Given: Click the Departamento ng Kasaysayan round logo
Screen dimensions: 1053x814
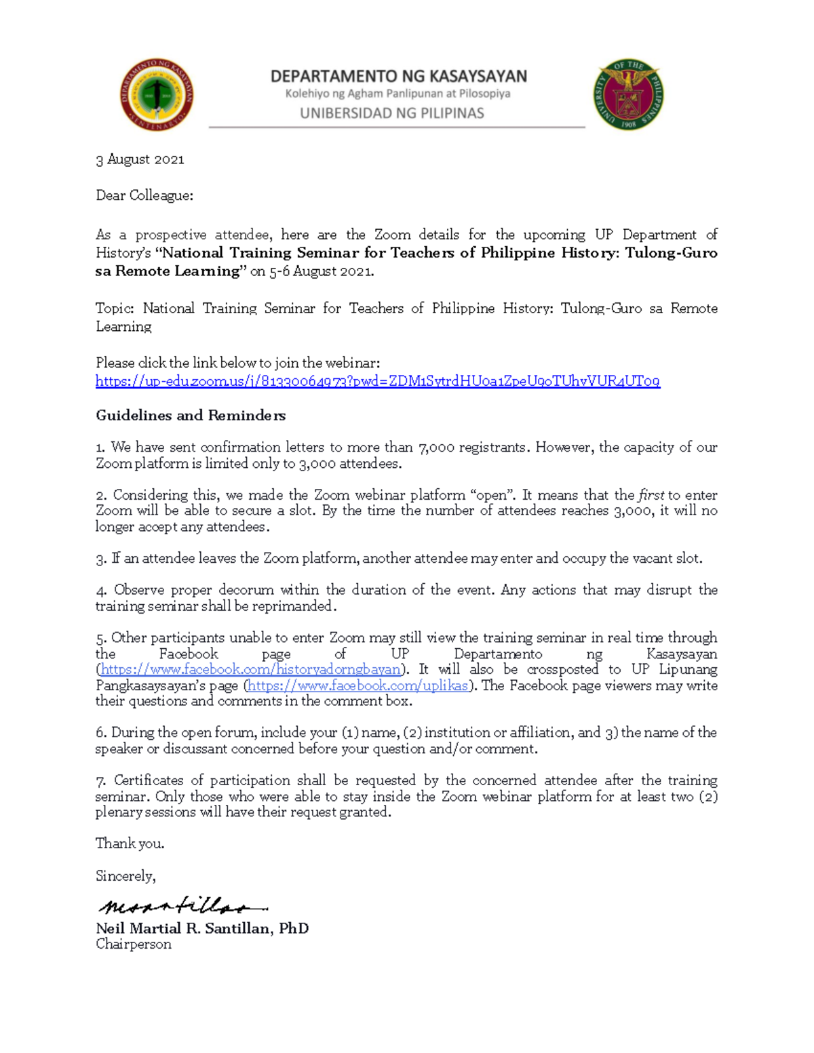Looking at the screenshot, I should pyautogui.click(x=156, y=94).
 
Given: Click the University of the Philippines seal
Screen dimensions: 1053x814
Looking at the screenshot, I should pyautogui.click(x=628, y=94).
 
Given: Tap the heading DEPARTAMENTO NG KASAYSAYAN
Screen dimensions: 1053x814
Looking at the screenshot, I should pyautogui.click(x=398, y=76).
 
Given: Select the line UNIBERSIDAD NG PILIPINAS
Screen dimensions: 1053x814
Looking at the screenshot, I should pyautogui.click(x=391, y=113).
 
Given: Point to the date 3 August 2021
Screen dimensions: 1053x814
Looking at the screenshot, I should pyautogui.click(x=140, y=159).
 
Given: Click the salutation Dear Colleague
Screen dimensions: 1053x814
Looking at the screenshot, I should pyautogui.click(x=144, y=196).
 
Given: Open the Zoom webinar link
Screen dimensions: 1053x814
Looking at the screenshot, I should pyautogui.click(x=377, y=381).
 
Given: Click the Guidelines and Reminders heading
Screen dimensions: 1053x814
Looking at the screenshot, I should pyautogui.click(x=190, y=416).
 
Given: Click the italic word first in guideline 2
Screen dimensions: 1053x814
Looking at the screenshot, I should pyautogui.click(x=651, y=495).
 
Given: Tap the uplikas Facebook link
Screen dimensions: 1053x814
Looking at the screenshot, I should pyautogui.click(x=358, y=686).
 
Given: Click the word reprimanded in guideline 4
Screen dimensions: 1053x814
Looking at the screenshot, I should pyautogui.click(x=293, y=606).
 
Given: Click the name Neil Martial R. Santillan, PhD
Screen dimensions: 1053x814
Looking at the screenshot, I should pyautogui.click(x=202, y=928).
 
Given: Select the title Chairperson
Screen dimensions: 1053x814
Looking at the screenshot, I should pyautogui.click(x=133, y=945).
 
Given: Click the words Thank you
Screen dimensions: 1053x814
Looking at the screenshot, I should pyautogui.click(x=130, y=843).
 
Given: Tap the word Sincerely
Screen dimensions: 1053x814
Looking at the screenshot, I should pyautogui.click(x=125, y=876).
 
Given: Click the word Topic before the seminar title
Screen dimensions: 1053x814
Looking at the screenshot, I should pyautogui.click(x=114, y=309).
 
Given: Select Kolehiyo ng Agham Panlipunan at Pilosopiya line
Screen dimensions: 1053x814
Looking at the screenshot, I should pyautogui.click(x=398, y=94).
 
